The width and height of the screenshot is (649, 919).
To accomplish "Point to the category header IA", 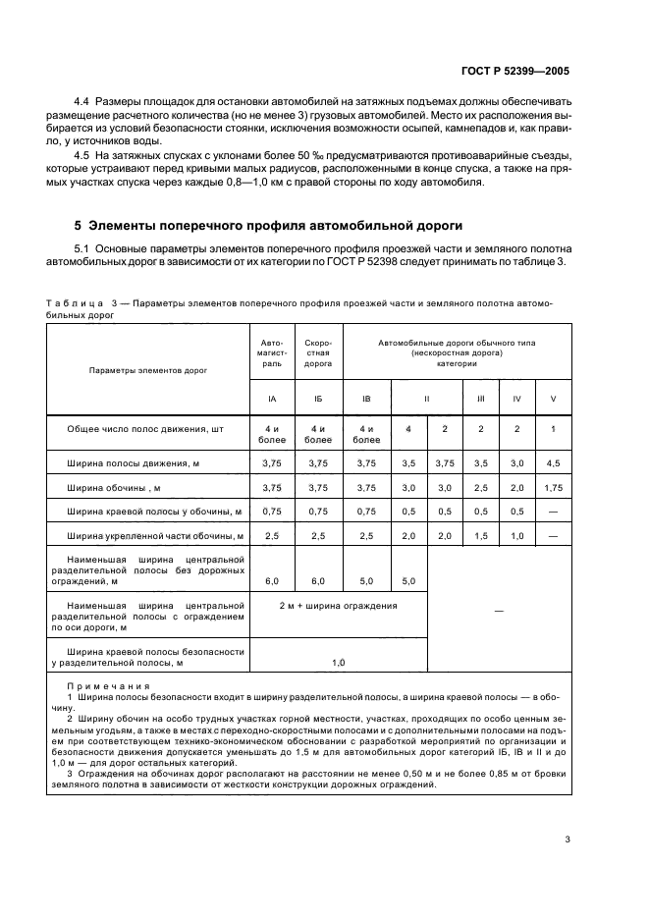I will pyautogui.click(x=271, y=399).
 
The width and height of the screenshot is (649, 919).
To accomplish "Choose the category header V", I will pyautogui.click(x=553, y=399).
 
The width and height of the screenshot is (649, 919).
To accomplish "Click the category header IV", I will pyautogui.click(x=516, y=399).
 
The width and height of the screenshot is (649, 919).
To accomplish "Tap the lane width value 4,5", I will pyautogui.click(x=553, y=461).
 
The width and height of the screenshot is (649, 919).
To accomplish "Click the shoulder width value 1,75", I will pyautogui.click(x=553, y=486).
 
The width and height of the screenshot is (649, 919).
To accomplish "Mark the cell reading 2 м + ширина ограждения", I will pyautogui.click(x=338, y=606).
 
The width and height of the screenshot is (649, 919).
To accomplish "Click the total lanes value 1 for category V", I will pyautogui.click(x=553, y=430).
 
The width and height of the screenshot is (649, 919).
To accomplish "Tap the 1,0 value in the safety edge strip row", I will pyautogui.click(x=338, y=663).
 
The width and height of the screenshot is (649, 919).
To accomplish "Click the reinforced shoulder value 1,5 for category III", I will pyautogui.click(x=480, y=535).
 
